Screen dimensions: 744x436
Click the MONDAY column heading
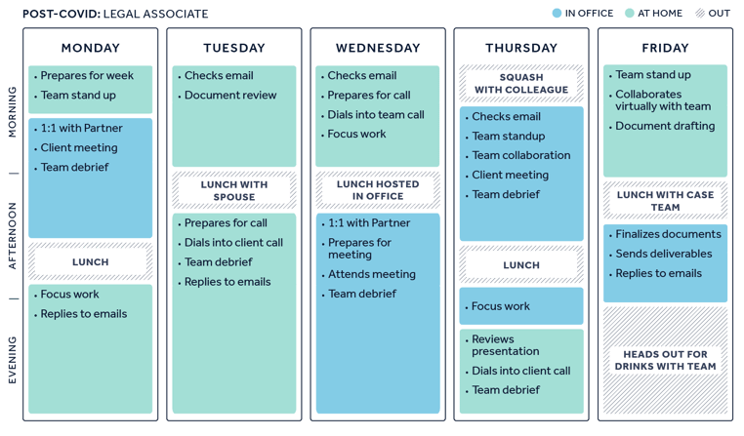(90, 48)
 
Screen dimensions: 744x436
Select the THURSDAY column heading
(521, 48)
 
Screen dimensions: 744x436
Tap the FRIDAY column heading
(665, 48)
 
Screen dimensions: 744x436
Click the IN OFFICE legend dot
(558, 14)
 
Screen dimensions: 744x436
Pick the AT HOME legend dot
(630, 14)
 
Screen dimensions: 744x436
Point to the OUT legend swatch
(700, 14)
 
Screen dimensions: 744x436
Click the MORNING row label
(13, 112)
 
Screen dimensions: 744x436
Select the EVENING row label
(13, 360)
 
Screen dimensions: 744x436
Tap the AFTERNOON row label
(13, 236)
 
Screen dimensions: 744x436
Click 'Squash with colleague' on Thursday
(521, 84)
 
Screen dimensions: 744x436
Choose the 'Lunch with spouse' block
(234, 190)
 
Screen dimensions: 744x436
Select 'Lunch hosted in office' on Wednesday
(378, 190)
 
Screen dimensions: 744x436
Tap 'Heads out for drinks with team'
(665, 360)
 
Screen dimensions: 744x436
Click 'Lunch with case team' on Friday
(665, 201)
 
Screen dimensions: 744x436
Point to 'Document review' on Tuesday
(230, 96)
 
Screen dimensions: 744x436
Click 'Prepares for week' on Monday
(87, 76)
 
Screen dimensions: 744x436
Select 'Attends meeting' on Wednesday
(372, 274)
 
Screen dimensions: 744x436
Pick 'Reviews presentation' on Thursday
(506, 345)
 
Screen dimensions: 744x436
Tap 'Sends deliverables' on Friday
(664, 254)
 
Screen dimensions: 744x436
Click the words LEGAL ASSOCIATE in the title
(155, 14)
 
